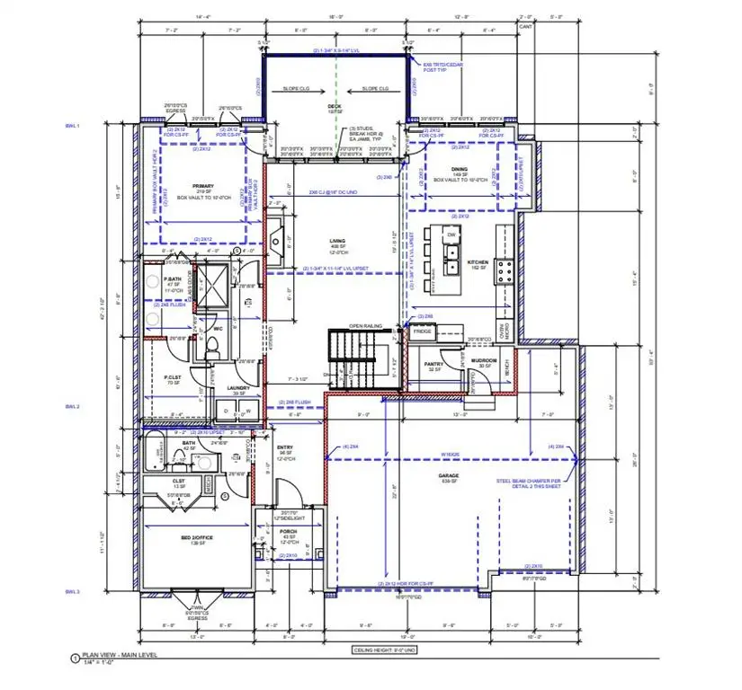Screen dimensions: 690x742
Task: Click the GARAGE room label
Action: pos(449,475)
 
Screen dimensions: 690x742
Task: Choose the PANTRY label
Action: pos(435,363)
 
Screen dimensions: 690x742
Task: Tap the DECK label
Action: pos(335,105)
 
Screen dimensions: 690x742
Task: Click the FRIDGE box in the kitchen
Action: pos(422,332)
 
